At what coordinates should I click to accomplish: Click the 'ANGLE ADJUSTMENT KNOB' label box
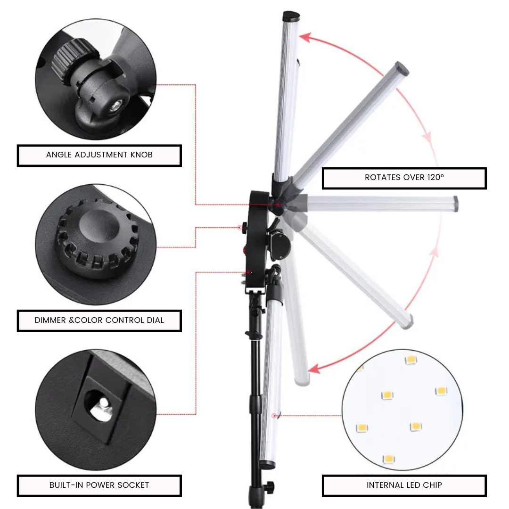pos(99,155)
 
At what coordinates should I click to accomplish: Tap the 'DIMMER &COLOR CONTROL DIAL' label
pos(99,320)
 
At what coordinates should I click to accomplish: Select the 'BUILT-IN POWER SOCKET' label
pos(99,485)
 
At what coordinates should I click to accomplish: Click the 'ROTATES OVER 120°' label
pos(404,178)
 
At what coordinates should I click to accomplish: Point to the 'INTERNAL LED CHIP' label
pos(404,485)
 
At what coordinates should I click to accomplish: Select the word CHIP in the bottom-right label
pos(432,485)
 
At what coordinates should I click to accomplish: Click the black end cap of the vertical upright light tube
pos(291,17)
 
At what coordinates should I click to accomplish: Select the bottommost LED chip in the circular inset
pos(388,459)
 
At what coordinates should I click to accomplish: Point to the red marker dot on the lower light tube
pos(274,416)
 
